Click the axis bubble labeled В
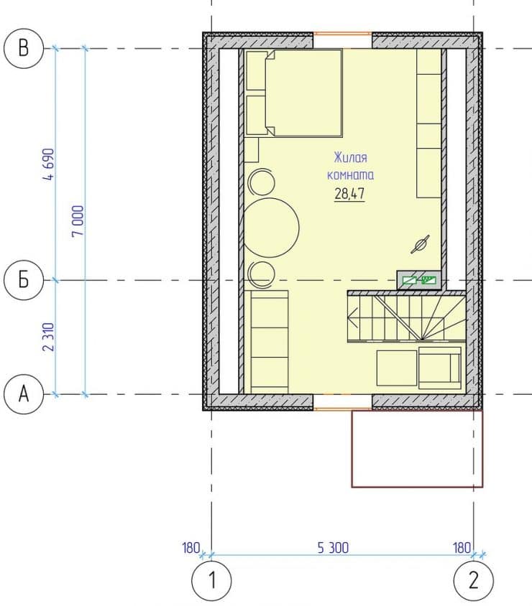[x=24, y=48]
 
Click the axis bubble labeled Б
[x=24, y=279]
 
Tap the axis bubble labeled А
[x=24, y=394]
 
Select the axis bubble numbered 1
[x=211, y=580]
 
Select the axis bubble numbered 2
[x=474, y=580]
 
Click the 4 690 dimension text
[x=49, y=164]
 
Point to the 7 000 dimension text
[x=78, y=221]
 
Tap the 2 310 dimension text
[x=49, y=337]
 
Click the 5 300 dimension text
[x=333, y=548]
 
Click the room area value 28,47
[x=350, y=193]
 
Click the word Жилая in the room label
[x=351, y=157]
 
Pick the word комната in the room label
[x=351, y=175]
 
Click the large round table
[x=272, y=228]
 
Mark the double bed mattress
[x=303, y=93]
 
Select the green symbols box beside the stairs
[x=419, y=280]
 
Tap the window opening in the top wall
[x=342, y=34]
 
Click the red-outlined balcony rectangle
[x=417, y=449]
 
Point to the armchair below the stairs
[x=440, y=368]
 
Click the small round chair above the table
[x=262, y=182]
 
